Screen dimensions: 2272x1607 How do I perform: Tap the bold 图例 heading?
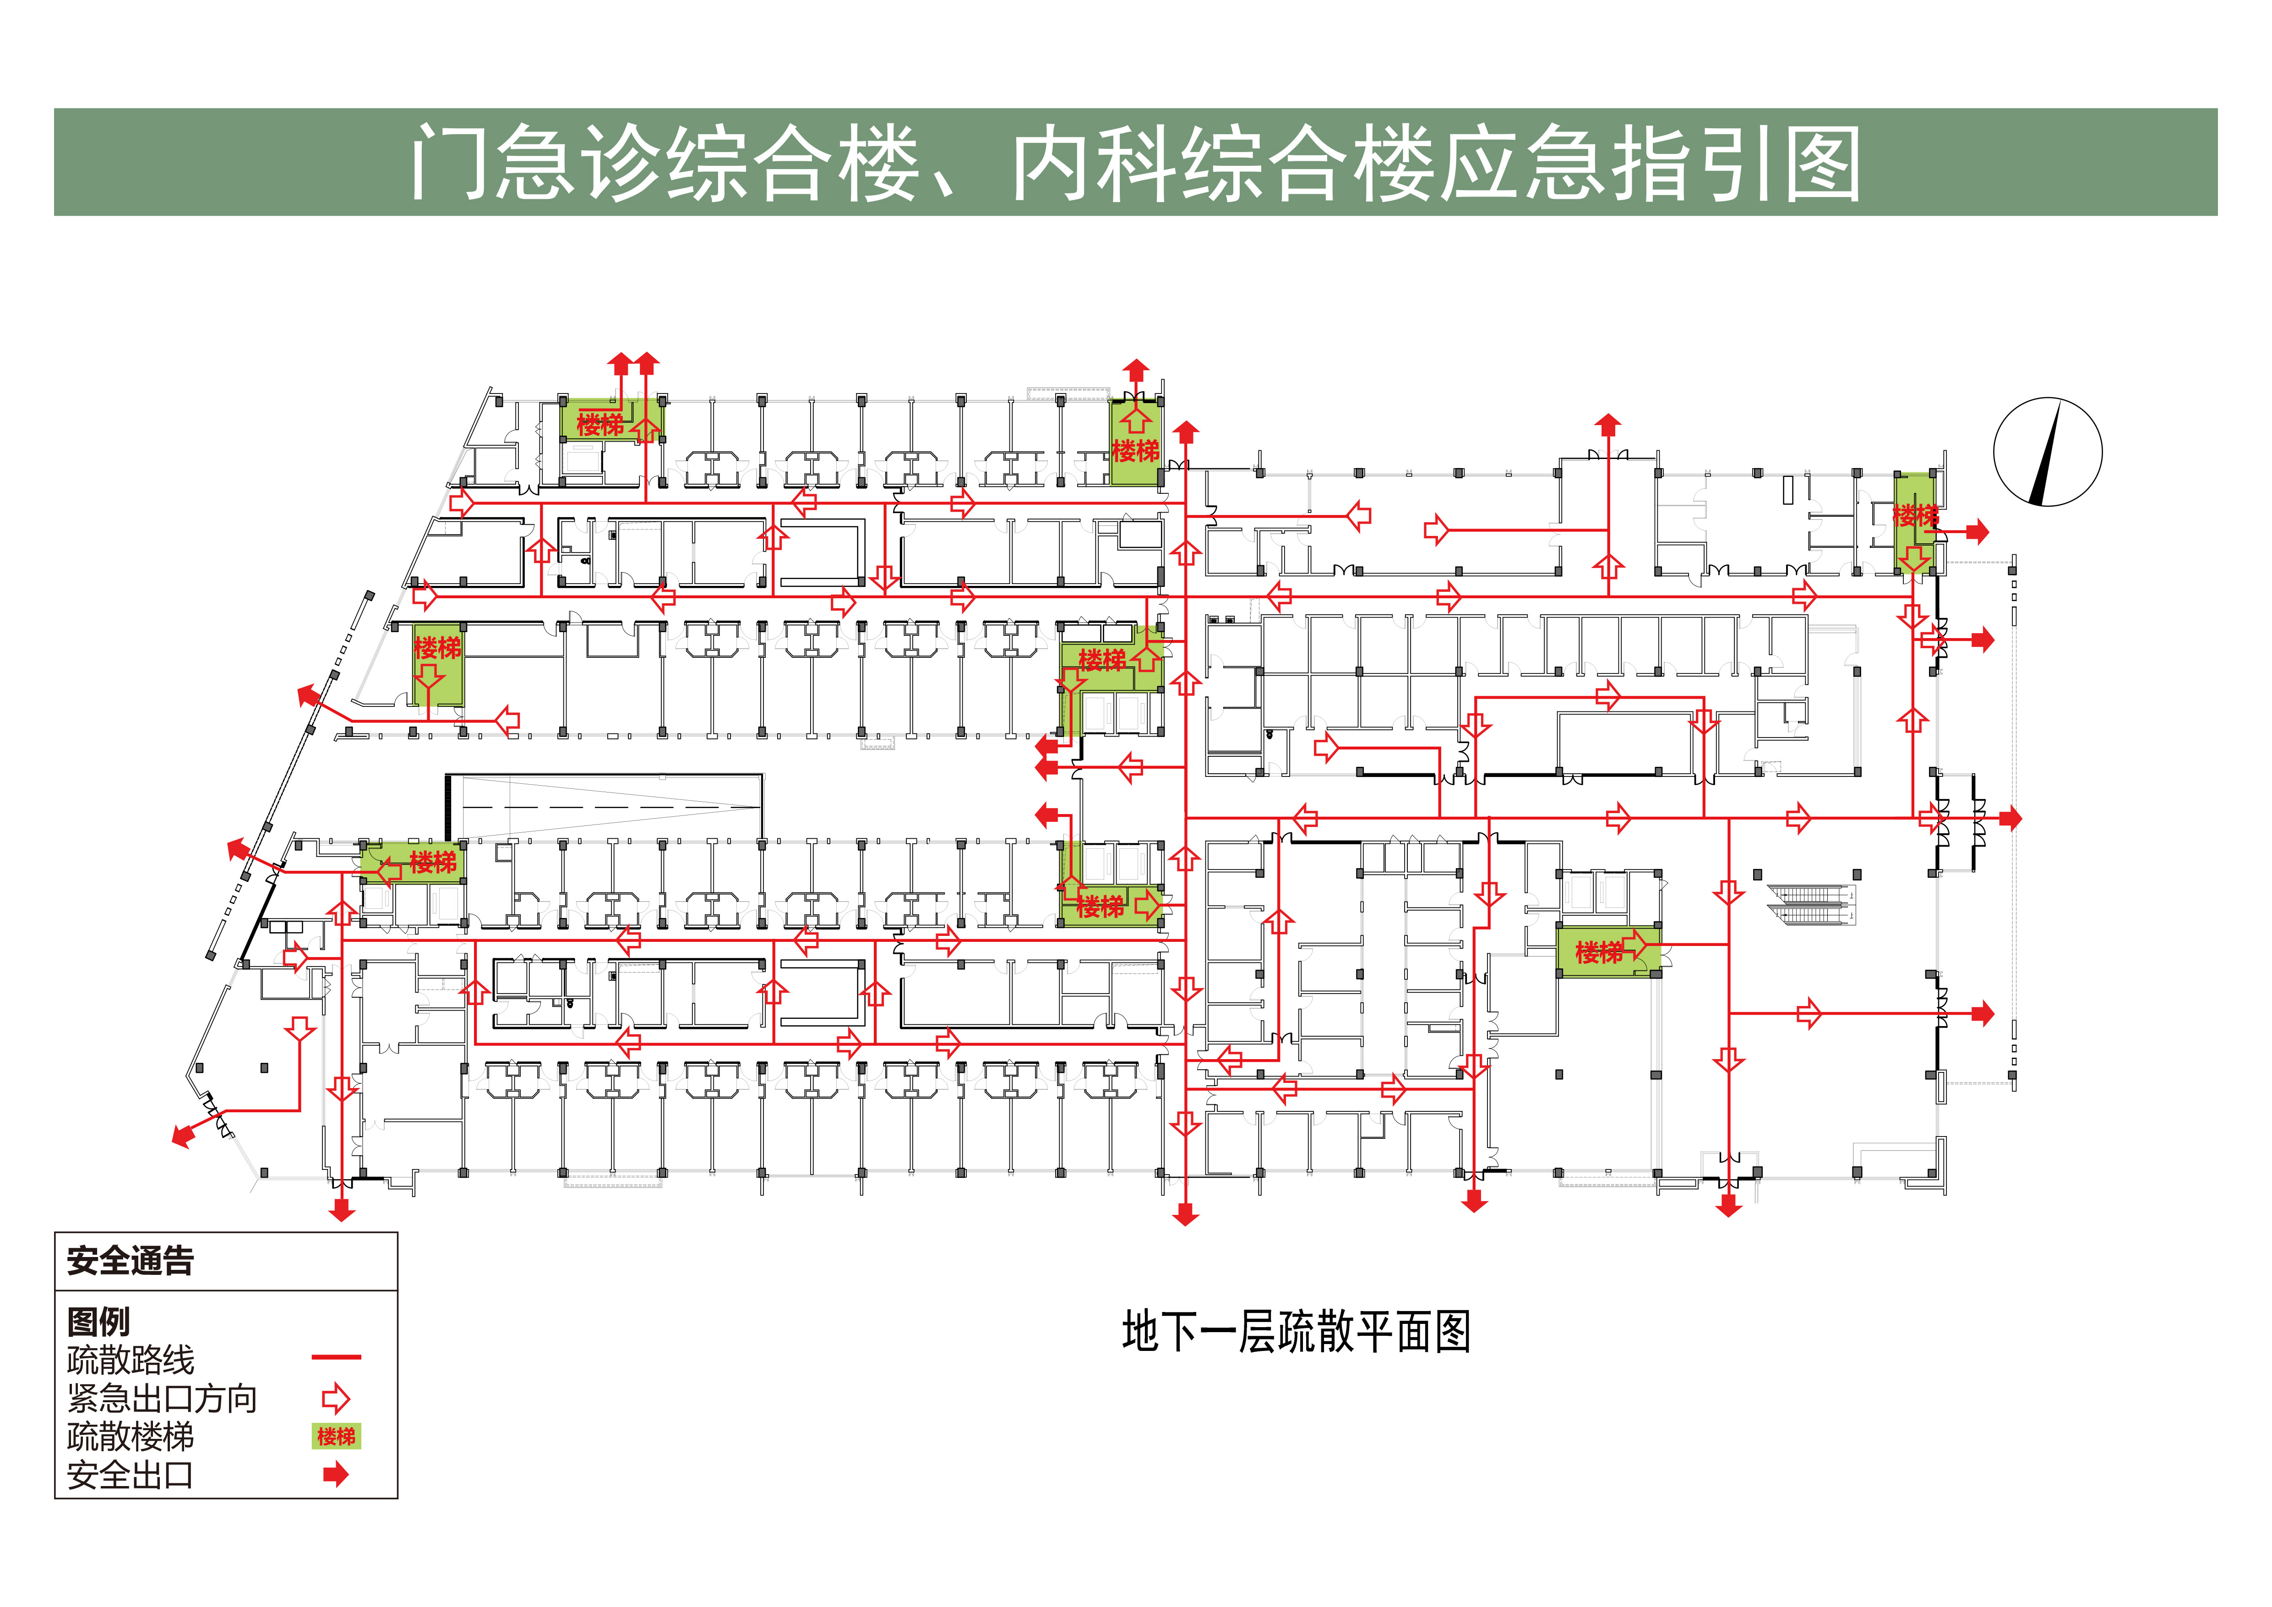point(98,1321)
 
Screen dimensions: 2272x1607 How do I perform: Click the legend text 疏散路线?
point(131,1360)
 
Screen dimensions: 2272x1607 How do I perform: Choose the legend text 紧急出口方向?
point(162,1398)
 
